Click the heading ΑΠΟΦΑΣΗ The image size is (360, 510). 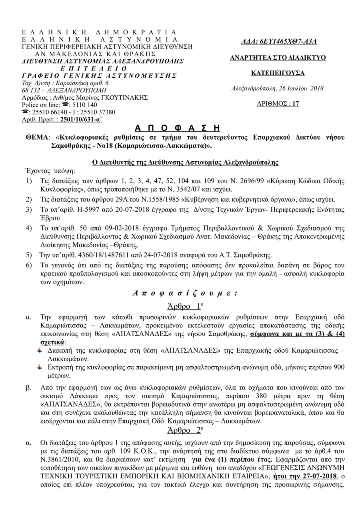[177, 128]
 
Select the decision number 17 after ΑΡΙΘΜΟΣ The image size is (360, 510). [295, 104]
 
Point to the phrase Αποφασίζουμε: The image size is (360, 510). [185, 293]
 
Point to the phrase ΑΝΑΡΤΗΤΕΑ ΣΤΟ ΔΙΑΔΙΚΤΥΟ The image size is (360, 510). [278, 58]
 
